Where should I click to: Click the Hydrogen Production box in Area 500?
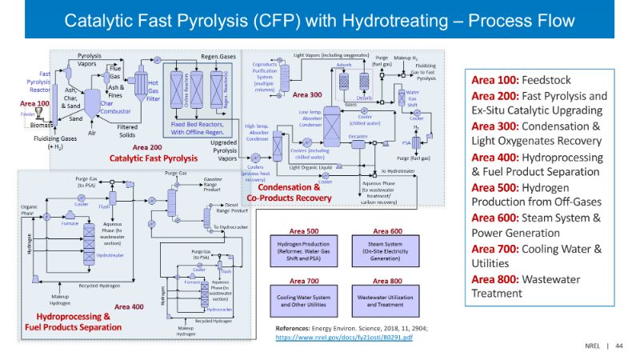pos(303,249)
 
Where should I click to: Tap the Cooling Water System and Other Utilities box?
pos(303,299)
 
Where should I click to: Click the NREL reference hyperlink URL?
pos(344,338)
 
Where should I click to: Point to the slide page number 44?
pos(619,346)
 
